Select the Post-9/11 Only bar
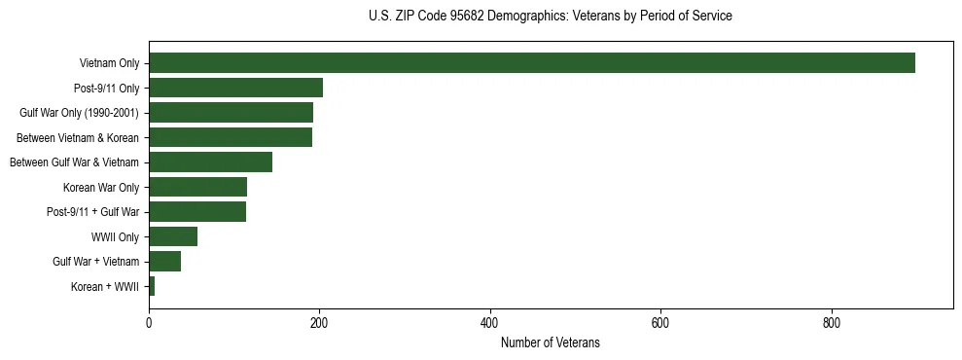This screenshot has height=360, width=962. tap(235, 88)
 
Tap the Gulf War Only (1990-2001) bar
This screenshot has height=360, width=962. tap(231, 113)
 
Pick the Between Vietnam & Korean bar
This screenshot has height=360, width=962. tap(231, 137)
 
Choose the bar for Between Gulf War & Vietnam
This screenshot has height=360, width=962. tap(210, 162)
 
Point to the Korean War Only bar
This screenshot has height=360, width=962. tap(197, 187)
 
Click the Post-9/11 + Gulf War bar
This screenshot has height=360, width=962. tap(197, 212)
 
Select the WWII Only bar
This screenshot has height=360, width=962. tap(173, 236)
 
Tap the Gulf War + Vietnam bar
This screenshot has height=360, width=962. tap(164, 262)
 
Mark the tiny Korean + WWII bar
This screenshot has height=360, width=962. tap(152, 286)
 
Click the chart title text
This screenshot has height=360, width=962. tap(550, 17)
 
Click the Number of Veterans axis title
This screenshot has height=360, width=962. tap(550, 343)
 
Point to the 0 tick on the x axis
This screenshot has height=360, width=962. tap(149, 324)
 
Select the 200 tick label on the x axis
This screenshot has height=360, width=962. tap(319, 324)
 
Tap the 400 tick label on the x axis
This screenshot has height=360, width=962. tap(490, 324)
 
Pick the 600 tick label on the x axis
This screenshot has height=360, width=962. tap(660, 324)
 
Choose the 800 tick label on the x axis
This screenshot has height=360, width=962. tap(832, 324)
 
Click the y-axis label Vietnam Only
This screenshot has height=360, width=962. tap(109, 63)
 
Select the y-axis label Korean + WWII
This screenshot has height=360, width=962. tap(105, 287)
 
